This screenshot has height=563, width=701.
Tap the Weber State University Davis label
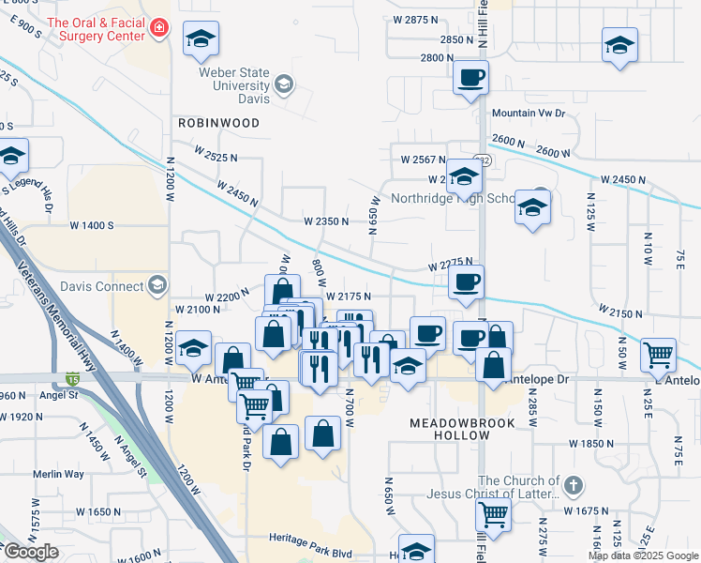point(233,86)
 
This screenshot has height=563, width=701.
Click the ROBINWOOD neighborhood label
point(218,123)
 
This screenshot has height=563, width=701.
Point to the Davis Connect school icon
point(157,285)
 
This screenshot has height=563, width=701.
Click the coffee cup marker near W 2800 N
point(471,77)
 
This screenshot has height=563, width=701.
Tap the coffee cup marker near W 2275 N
point(466,281)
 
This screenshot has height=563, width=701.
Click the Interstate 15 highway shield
point(73,379)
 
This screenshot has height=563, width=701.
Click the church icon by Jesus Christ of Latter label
point(574,486)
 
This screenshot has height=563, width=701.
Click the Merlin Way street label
point(58,475)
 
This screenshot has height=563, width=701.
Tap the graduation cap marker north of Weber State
point(201,39)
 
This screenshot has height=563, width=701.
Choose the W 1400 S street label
point(91,226)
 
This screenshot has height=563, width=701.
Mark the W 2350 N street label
point(325,222)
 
